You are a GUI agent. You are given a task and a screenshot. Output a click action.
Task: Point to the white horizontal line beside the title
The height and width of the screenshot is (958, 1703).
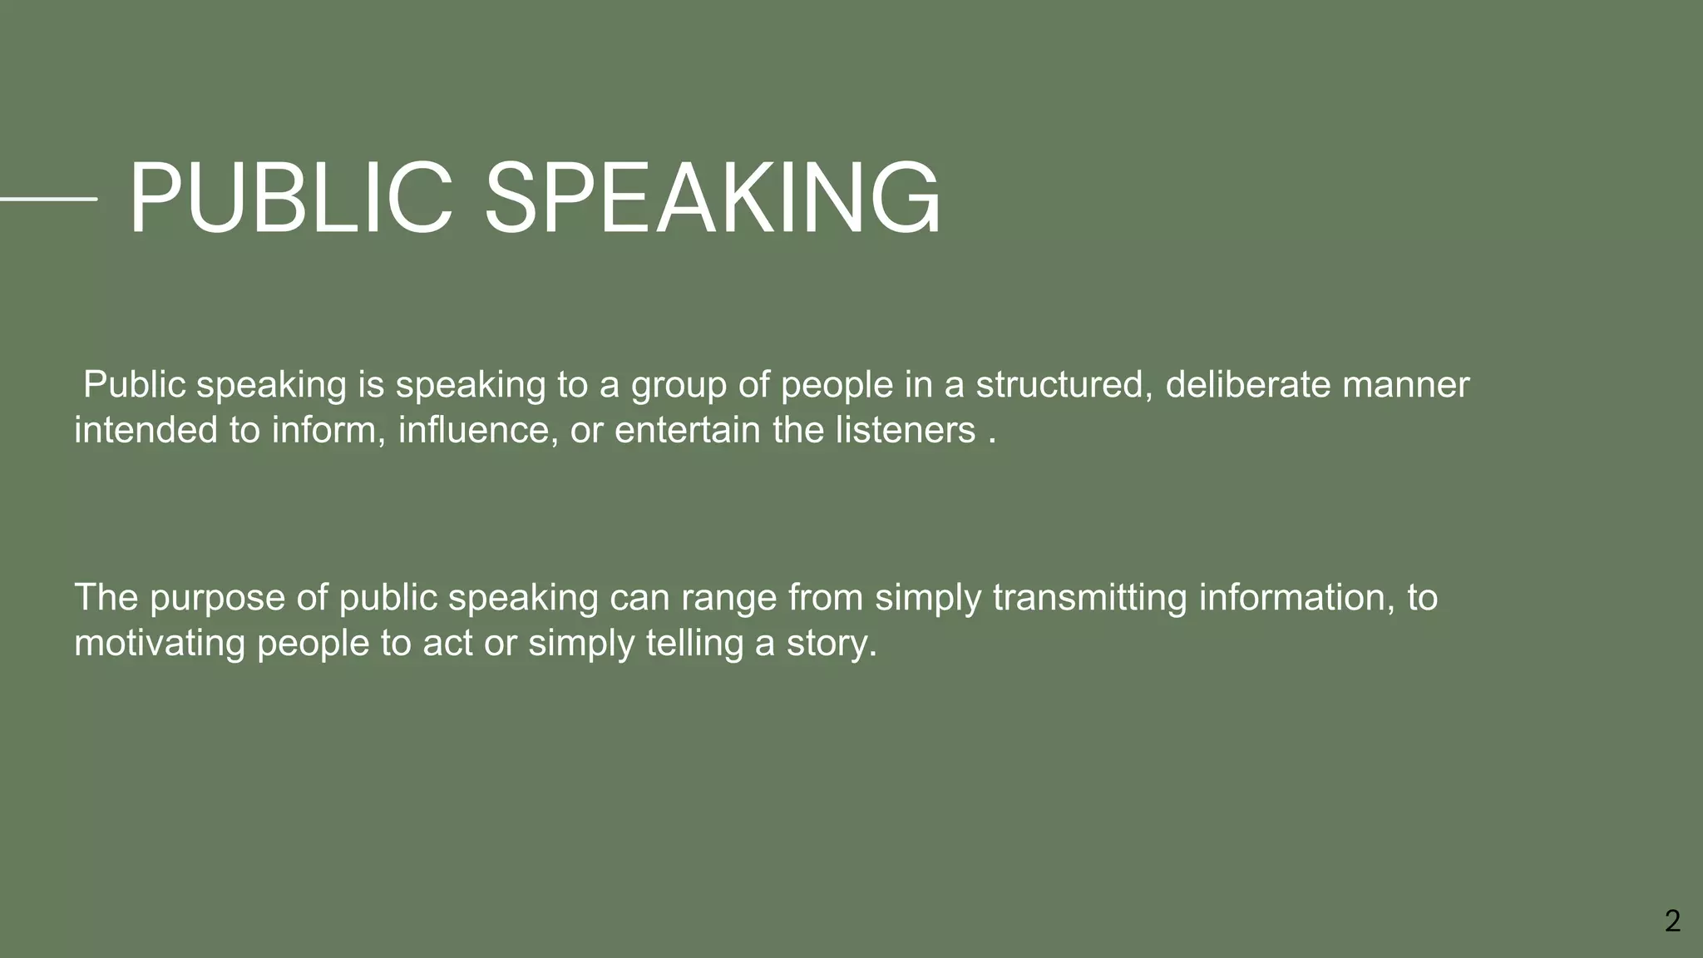[x=48, y=199]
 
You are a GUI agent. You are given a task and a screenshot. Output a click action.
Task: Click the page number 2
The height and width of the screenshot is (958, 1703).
[x=1672, y=921]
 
